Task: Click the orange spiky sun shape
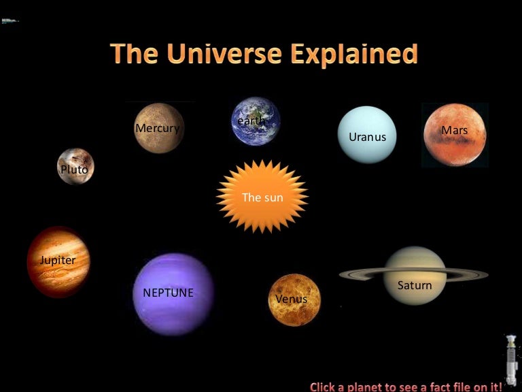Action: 262,197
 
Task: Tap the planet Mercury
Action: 159,128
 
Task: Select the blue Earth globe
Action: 256,121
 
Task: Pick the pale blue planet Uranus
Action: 367,135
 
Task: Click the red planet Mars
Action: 455,135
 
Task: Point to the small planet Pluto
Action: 75,167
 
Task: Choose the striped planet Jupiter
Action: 58,261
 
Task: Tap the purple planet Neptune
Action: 173,294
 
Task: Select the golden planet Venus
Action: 294,300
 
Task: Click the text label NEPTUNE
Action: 168,293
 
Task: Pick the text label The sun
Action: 262,197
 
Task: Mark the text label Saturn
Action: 415,285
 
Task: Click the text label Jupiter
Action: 58,260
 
